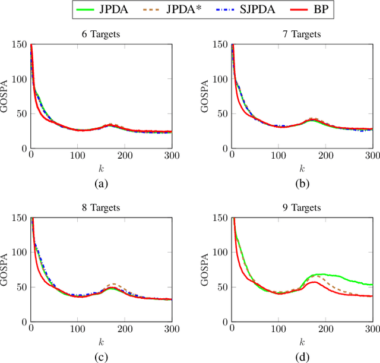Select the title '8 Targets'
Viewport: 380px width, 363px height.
[100, 209]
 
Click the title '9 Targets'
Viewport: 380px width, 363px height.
[302, 209]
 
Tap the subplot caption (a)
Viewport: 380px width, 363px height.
[100, 184]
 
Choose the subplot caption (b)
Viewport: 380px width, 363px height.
[302, 184]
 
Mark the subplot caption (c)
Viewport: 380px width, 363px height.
[100, 357]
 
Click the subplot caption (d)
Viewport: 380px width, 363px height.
[302, 357]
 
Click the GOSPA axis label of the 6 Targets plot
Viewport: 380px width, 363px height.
[7, 96]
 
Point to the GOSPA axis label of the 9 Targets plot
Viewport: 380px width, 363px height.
[208, 270]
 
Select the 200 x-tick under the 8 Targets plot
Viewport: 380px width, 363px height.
[124, 329]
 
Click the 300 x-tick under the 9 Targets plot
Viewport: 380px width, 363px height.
[372, 329]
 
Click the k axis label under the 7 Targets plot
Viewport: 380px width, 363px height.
[302, 168]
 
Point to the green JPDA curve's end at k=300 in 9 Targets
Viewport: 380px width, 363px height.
[372, 285]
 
